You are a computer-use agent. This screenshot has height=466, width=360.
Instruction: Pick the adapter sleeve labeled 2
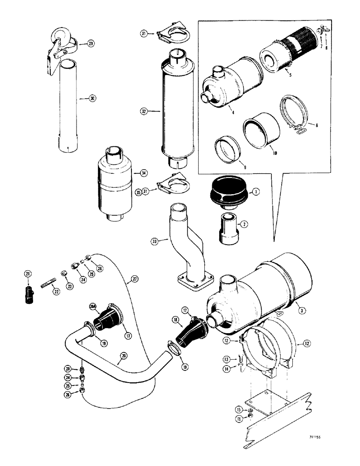(x=228, y=228)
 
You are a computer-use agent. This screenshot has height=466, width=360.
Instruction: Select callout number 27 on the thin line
(x=134, y=279)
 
